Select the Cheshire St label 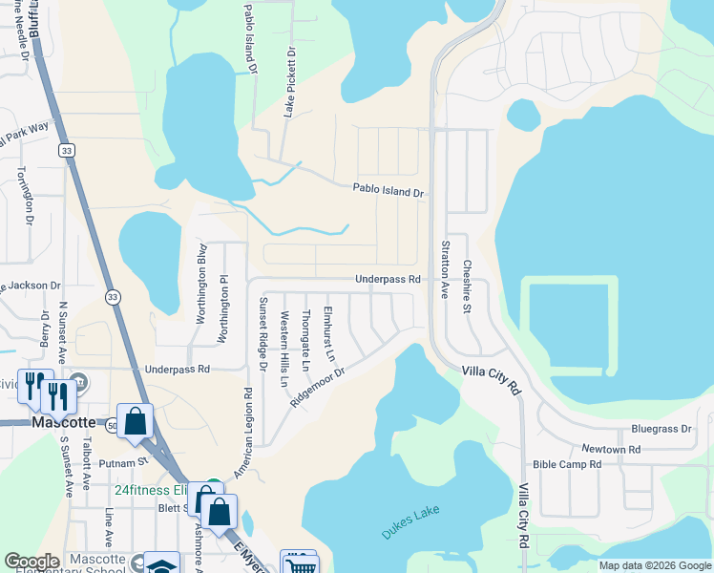click(468, 286)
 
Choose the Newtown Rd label click(611, 449)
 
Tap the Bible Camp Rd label click(567, 465)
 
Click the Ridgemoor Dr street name click(317, 384)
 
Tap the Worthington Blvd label click(202, 285)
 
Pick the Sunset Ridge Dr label click(263, 328)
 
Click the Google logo click(31, 562)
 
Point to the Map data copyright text click(654, 565)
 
